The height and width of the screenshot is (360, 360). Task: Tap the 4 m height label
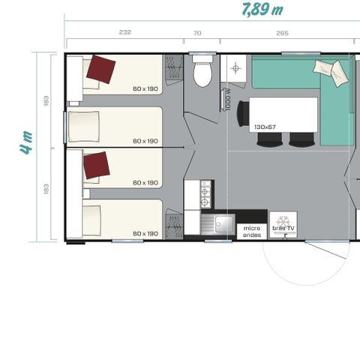26,142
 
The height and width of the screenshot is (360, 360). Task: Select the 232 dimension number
124,32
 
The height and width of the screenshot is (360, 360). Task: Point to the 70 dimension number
197,32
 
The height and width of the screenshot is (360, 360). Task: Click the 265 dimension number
282,32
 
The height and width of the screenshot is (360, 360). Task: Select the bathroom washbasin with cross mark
236,68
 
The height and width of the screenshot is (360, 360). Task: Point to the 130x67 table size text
266,127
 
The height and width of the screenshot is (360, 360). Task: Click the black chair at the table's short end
242,114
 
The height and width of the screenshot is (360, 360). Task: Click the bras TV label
283,228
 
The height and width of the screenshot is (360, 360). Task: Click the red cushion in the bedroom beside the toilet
100,70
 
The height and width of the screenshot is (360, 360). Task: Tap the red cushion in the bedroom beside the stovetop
96,165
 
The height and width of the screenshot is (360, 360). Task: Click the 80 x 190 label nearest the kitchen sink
145,233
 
